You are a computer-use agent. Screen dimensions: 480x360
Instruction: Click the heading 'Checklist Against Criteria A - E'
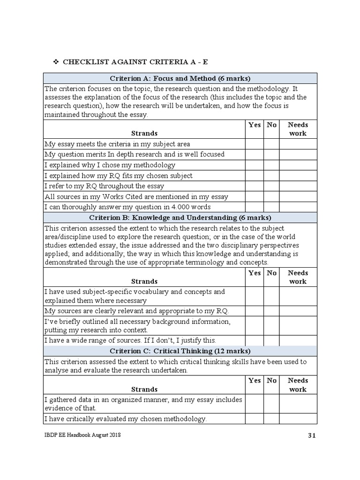point(135,62)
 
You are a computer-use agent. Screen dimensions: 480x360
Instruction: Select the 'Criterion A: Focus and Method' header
point(180,78)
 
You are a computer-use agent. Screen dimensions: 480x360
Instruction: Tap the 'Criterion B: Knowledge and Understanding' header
point(180,217)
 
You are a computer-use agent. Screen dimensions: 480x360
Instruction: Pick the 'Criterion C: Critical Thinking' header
point(180,351)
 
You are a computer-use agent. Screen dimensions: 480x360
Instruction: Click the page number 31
point(312,435)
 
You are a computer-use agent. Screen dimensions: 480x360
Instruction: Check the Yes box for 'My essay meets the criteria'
point(254,144)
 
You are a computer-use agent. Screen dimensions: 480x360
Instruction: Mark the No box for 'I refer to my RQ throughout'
point(271,186)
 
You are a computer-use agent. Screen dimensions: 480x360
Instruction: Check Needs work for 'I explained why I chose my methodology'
point(298,165)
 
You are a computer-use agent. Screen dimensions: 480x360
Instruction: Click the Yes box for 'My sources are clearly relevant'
point(254,311)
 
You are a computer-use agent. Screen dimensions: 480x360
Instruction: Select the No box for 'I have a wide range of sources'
point(271,340)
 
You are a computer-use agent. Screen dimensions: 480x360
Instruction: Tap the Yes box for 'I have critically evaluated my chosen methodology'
point(254,419)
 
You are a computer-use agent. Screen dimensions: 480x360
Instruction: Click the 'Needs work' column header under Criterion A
point(298,129)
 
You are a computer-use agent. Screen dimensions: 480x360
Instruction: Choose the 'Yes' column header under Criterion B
point(254,273)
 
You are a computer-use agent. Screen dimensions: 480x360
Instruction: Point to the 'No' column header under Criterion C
point(271,381)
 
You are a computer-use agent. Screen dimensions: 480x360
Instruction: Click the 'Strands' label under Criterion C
point(144,389)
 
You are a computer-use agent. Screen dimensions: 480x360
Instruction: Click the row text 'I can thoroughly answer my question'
point(127,207)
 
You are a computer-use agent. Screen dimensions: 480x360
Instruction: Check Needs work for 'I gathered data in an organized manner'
point(298,404)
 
